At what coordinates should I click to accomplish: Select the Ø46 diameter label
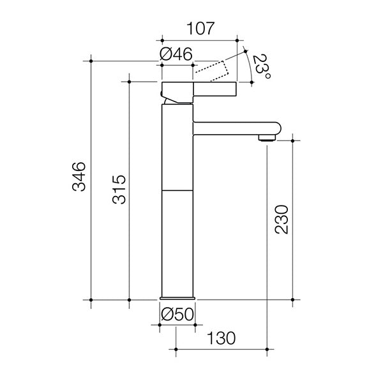[176, 54]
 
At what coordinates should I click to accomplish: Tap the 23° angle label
[260, 66]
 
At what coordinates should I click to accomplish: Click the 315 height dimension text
[116, 190]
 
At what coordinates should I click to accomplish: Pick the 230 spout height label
[282, 219]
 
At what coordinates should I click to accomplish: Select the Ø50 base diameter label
[177, 314]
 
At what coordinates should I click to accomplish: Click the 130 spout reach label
[221, 337]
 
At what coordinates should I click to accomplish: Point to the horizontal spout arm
[233, 128]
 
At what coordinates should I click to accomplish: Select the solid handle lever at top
[200, 87]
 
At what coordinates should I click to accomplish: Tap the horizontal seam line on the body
[177, 190]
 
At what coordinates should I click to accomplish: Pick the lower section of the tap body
[177, 243]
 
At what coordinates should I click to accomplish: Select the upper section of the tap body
[177, 147]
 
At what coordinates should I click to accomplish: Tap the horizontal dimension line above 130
[221, 349]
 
